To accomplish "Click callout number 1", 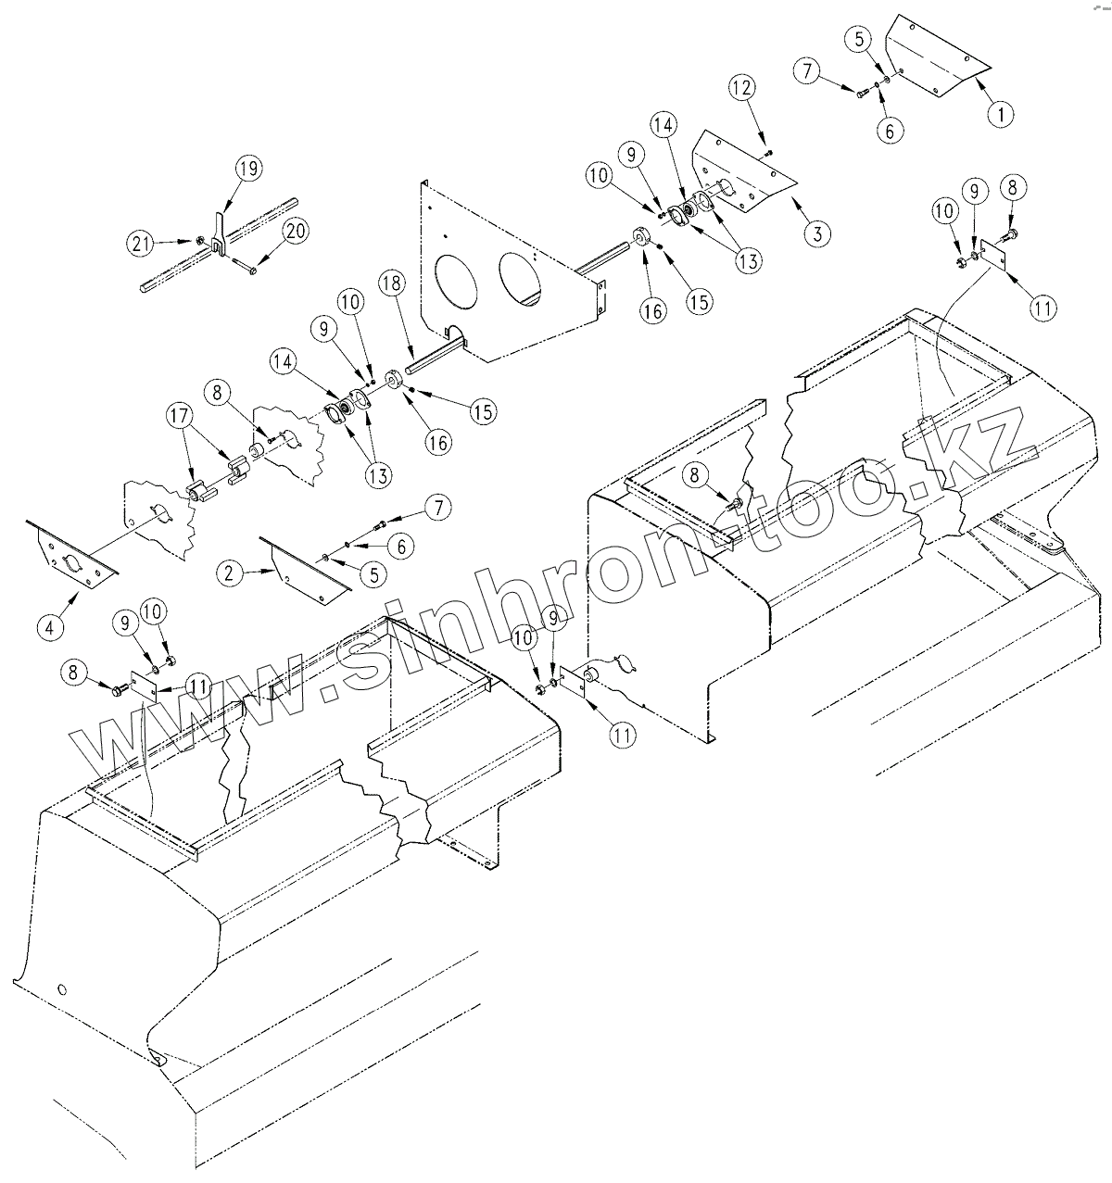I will pos(999,114).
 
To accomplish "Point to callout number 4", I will pos(49,626).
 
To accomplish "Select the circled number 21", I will pos(138,244).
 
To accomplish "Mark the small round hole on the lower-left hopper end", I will pos(62,989).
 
